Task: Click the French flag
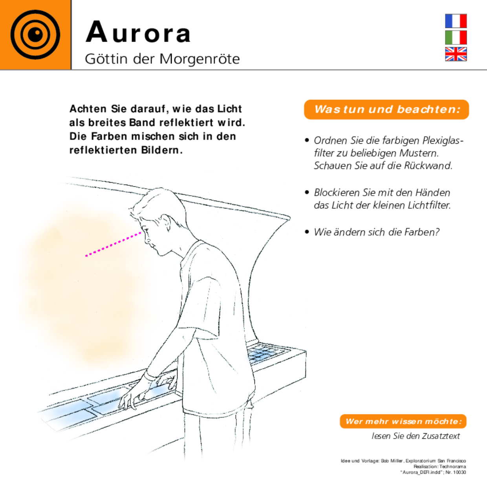(456, 21)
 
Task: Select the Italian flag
(456, 37)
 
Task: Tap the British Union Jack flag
(456, 54)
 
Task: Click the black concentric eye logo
(35, 35)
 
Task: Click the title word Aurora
(138, 32)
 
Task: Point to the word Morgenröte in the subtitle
(200, 59)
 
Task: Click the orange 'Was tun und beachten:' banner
(386, 110)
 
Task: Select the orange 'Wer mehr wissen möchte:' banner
(403, 421)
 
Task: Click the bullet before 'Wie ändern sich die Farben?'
(307, 232)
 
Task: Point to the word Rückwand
(428, 166)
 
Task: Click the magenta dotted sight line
(113, 244)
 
